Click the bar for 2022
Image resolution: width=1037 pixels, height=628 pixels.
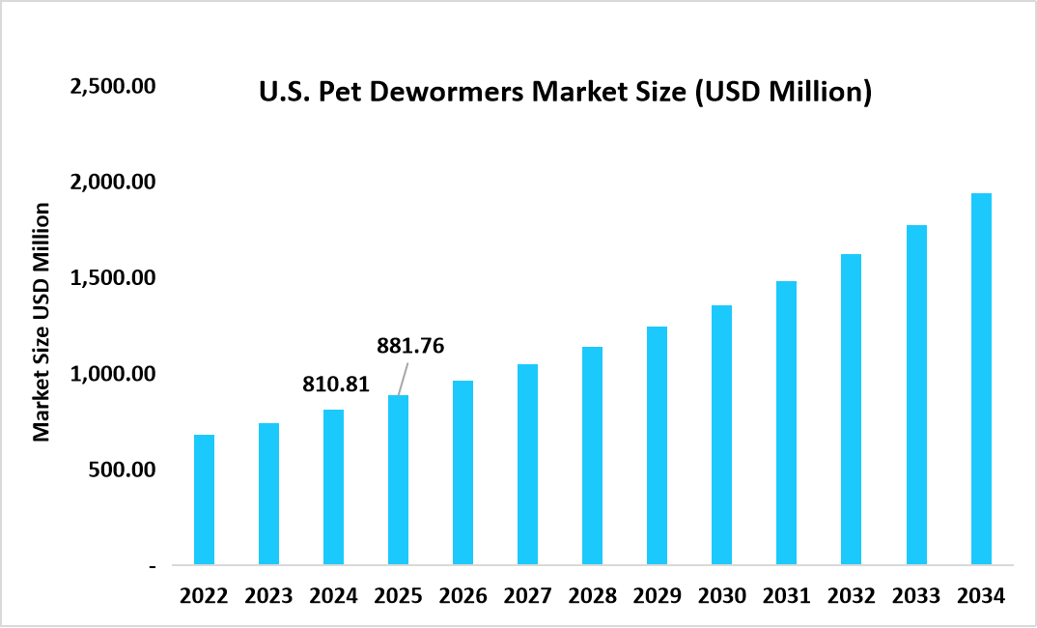pyautogui.click(x=204, y=500)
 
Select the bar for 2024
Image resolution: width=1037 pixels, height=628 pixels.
pyautogui.click(x=333, y=487)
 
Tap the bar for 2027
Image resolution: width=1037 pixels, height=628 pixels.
pyautogui.click(x=527, y=464)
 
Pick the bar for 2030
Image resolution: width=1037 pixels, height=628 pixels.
pyautogui.click(x=721, y=435)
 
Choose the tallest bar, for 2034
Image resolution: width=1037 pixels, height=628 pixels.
pyautogui.click(x=981, y=379)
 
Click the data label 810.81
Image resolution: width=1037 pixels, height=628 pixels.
pyautogui.click(x=336, y=385)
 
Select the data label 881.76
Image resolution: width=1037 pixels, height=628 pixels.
pyautogui.click(x=410, y=346)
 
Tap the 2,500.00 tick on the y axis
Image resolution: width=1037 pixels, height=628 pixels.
pyautogui.click(x=112, y=86)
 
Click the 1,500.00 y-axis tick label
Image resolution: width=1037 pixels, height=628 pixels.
pyautogui.click(x=112, y=278)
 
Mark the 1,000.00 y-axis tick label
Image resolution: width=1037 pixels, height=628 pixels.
pyautogui.click(x=112, y=374)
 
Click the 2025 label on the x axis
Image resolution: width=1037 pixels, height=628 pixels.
pyautogui.click(x=398, y=596)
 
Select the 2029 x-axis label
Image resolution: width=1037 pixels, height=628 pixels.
pyautogui.click(x=657, y=596)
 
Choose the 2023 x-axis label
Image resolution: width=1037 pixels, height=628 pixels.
pyautogui.click(x=268, y=596)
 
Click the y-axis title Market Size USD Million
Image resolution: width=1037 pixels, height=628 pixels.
pyautogui.click(x=42, y=323)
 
